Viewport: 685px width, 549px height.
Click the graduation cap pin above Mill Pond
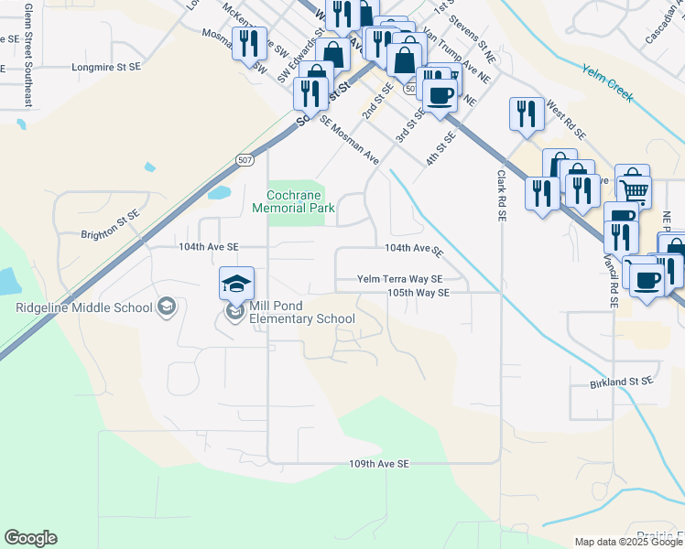click(x=236, y=283)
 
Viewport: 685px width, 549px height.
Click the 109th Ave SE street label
click(x=378, y=464)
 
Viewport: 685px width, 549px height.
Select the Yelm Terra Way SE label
click(x=399, y=279)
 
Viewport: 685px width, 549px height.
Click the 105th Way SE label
click(x=418, y=293)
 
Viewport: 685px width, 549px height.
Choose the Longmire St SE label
click(x=106, y=67)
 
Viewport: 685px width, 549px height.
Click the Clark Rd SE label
click(x=502, y=195)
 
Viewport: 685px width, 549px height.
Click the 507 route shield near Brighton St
click(x=244, y=160)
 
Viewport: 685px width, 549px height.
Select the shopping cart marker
click(x=633, y=187)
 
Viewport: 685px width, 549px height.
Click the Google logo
click(x=30, y=538)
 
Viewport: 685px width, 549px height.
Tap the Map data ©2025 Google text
click(x=627, y=542)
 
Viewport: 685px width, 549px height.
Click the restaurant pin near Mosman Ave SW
click(x=248, y=42)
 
